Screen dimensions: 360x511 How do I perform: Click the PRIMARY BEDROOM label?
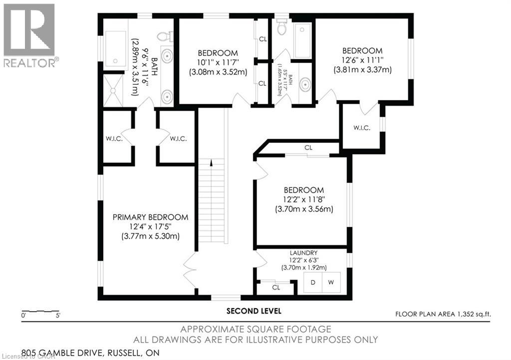point(150,217)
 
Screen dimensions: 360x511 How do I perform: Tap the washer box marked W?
point(330,283)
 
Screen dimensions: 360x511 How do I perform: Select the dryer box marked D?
point(313,283)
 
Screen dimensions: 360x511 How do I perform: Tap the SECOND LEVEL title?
point(254,311)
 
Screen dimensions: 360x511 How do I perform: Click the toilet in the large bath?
point(164,36)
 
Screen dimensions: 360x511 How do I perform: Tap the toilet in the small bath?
point(281,27)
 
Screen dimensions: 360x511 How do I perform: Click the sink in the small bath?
point(304,85)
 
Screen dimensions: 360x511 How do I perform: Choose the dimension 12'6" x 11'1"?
point(362,60)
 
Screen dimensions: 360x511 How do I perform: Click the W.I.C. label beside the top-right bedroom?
point(361,128)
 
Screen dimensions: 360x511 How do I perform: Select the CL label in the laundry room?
point(276,288)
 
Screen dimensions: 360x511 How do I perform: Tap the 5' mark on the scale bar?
point(58,316)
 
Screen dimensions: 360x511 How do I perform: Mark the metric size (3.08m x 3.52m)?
point(218,72)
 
